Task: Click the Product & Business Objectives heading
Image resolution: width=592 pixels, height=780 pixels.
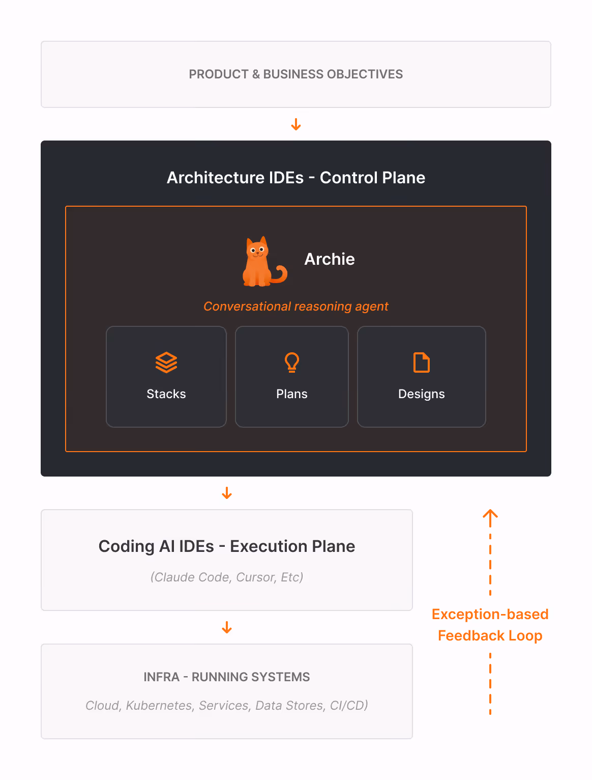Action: (295, 74)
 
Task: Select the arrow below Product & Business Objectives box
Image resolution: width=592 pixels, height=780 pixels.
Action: (296, 124)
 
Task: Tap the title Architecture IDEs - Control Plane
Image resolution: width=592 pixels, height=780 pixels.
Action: (296, 177)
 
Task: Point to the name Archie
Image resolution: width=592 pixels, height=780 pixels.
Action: (330, 259)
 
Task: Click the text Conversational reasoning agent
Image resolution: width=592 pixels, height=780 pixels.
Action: (295, 307)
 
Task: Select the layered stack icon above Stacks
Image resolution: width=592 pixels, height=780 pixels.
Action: (166, 362)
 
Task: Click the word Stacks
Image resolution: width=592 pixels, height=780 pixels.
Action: (166, 394)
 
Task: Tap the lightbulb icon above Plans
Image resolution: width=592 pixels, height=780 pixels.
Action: (292, 362)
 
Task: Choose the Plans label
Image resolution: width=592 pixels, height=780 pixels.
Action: (292, 394)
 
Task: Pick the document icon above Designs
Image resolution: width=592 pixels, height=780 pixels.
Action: (421, 363)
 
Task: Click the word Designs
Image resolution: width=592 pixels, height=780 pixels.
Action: (421, 394)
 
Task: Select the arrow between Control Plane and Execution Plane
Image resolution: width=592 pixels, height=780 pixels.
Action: (227, 493)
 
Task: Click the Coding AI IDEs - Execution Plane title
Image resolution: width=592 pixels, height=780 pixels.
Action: (227, 546)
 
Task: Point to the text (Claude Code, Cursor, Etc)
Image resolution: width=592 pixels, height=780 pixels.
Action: (227, 577)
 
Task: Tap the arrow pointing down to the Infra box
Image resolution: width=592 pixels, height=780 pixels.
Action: (227, 627)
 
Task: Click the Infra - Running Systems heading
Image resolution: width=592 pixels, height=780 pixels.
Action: (227, 677)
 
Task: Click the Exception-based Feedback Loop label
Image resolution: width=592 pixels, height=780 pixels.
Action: (490, 625)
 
